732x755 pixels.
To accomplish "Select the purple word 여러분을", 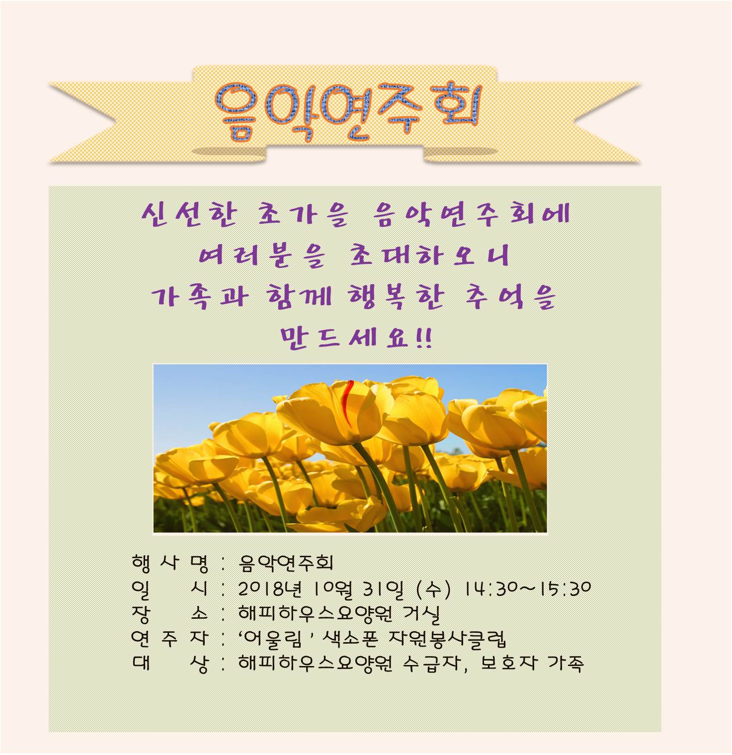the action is (x=262, y=256).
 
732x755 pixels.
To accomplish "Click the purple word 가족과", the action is (x=200, y=297).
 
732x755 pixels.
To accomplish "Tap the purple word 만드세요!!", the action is (x=356, y=338).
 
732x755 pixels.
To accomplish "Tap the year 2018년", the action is (x=270, y=589).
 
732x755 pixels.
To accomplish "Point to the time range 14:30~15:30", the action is (x=528, y=588).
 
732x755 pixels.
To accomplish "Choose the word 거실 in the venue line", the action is (x=421, y=614).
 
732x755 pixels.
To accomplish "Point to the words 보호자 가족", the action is (x=532, y=663).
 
